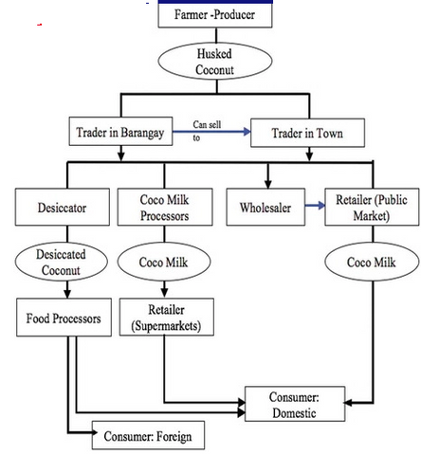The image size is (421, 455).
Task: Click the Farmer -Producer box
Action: [215, 14]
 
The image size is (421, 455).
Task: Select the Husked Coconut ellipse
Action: [215, 61]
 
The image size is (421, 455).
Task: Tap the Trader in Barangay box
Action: [120, 132]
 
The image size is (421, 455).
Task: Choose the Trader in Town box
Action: [307, 133]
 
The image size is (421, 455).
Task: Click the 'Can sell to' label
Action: [207, 131]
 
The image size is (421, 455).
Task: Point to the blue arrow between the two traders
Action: [211, 132]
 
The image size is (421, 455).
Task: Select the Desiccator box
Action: [63, 208]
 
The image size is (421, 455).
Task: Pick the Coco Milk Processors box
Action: [165, 208]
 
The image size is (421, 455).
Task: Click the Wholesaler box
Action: [265, 208]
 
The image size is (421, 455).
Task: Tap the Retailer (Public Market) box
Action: [372, 208]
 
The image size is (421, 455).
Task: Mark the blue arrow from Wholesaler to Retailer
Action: [315, 206]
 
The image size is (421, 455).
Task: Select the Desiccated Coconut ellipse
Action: [62, 262]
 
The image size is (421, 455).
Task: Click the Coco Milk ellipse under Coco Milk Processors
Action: [164, 262]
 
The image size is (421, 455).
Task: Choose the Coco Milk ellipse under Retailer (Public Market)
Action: [372, 262]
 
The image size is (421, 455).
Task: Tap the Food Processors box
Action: [64, 318]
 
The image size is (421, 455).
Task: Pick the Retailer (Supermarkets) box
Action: [167, 317]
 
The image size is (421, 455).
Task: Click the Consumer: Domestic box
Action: [295, 404]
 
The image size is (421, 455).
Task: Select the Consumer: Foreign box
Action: [148, 435]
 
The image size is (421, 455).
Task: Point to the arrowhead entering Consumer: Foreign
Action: [95, 432]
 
